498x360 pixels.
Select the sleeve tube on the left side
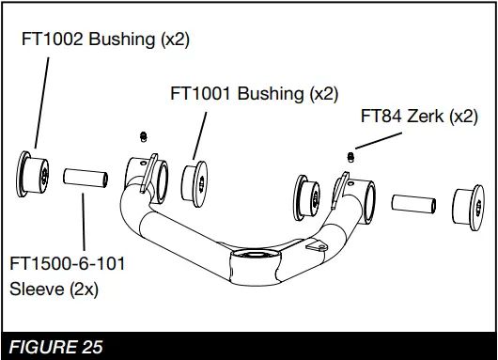pos(85,176)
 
